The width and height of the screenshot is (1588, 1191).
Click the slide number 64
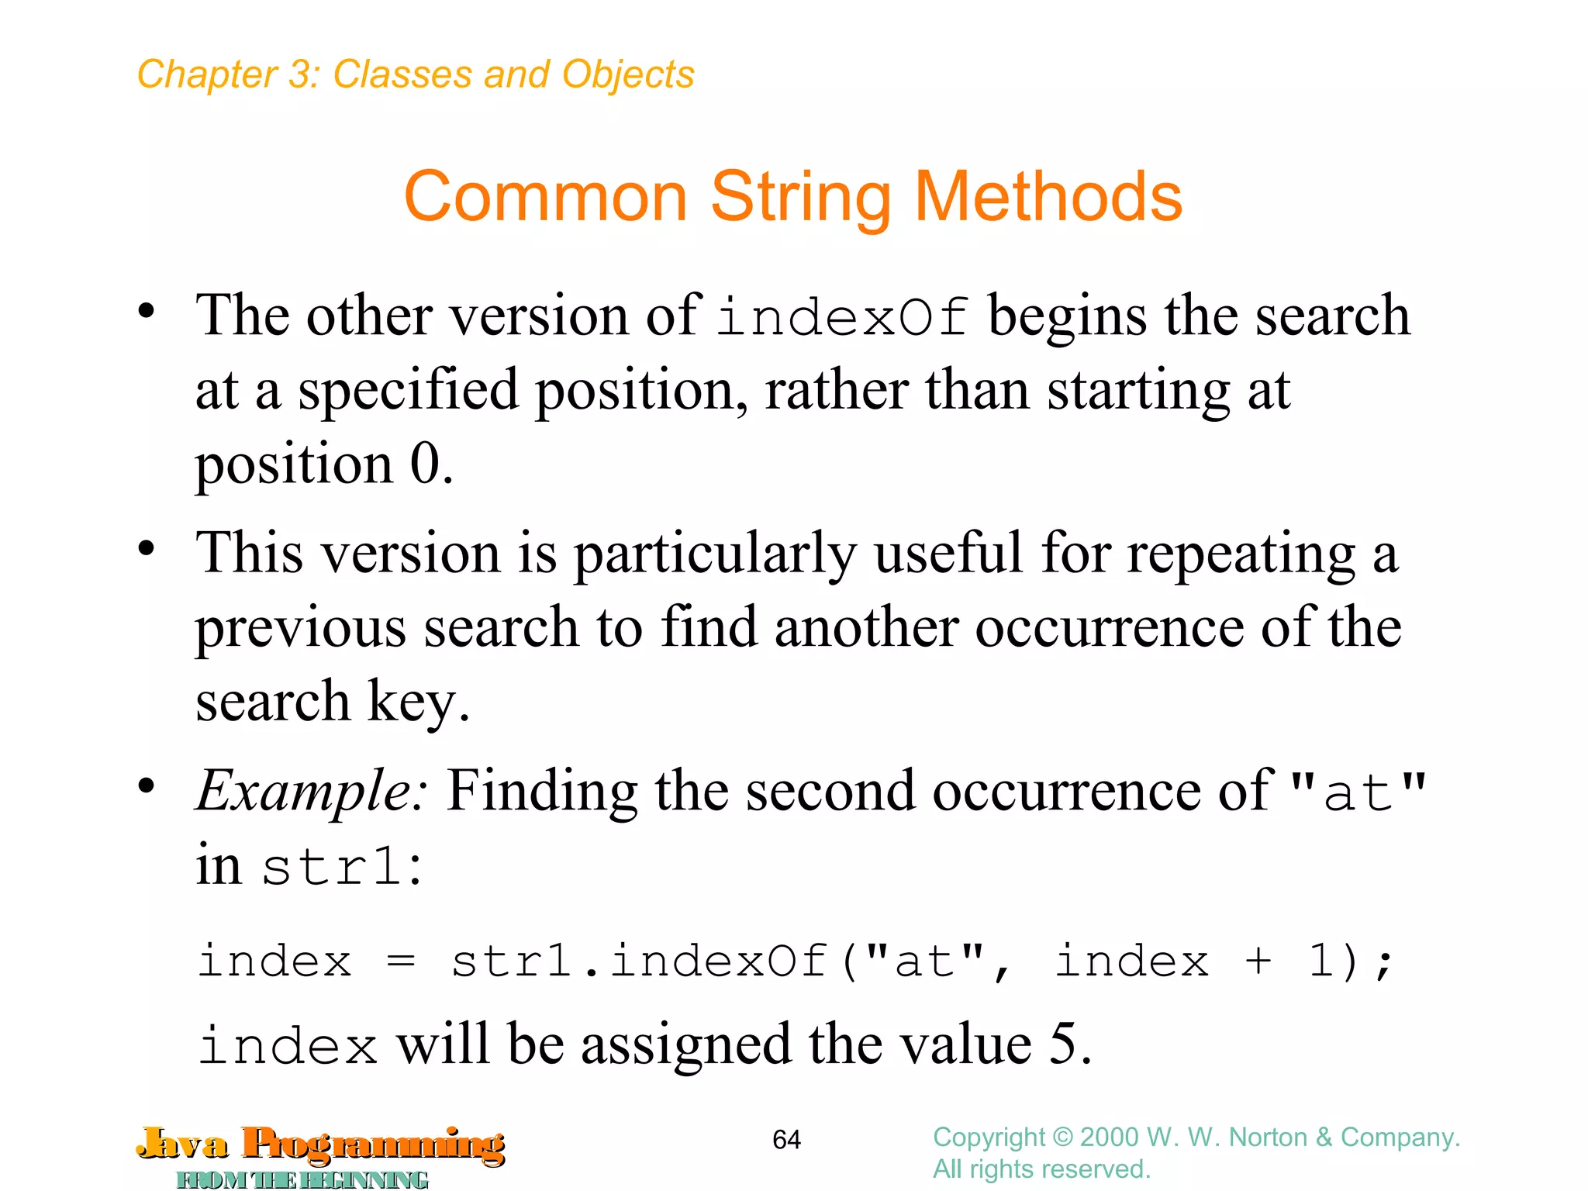point(786,1139)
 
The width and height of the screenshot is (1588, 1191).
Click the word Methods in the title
point(1048,197)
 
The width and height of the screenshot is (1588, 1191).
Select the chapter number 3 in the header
point(299,74)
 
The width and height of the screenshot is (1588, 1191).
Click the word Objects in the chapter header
point(628,74)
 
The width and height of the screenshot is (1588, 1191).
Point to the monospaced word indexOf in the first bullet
point(842,318)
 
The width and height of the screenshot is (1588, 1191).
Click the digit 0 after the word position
point(425,464)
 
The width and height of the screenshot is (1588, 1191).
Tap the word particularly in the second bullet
point(714,555)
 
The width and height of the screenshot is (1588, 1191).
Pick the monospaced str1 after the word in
point(333,867)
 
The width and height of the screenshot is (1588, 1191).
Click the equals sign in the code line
point(401,962)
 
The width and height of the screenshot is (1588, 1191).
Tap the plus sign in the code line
point(1258,962)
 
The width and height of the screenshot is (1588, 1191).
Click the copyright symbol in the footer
point(1062,1137)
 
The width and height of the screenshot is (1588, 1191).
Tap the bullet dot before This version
point(146,549)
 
